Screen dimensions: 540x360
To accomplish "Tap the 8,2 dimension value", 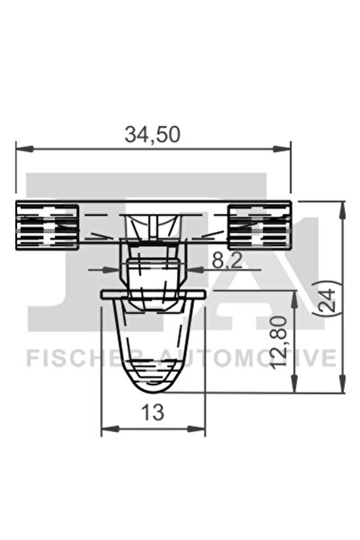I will [x=227, y=261].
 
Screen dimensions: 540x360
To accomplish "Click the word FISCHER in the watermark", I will [x=77, y=358].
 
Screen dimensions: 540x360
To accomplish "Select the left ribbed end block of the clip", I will [x=48, y=225].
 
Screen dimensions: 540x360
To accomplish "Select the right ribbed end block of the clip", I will [x=259, y=225].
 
